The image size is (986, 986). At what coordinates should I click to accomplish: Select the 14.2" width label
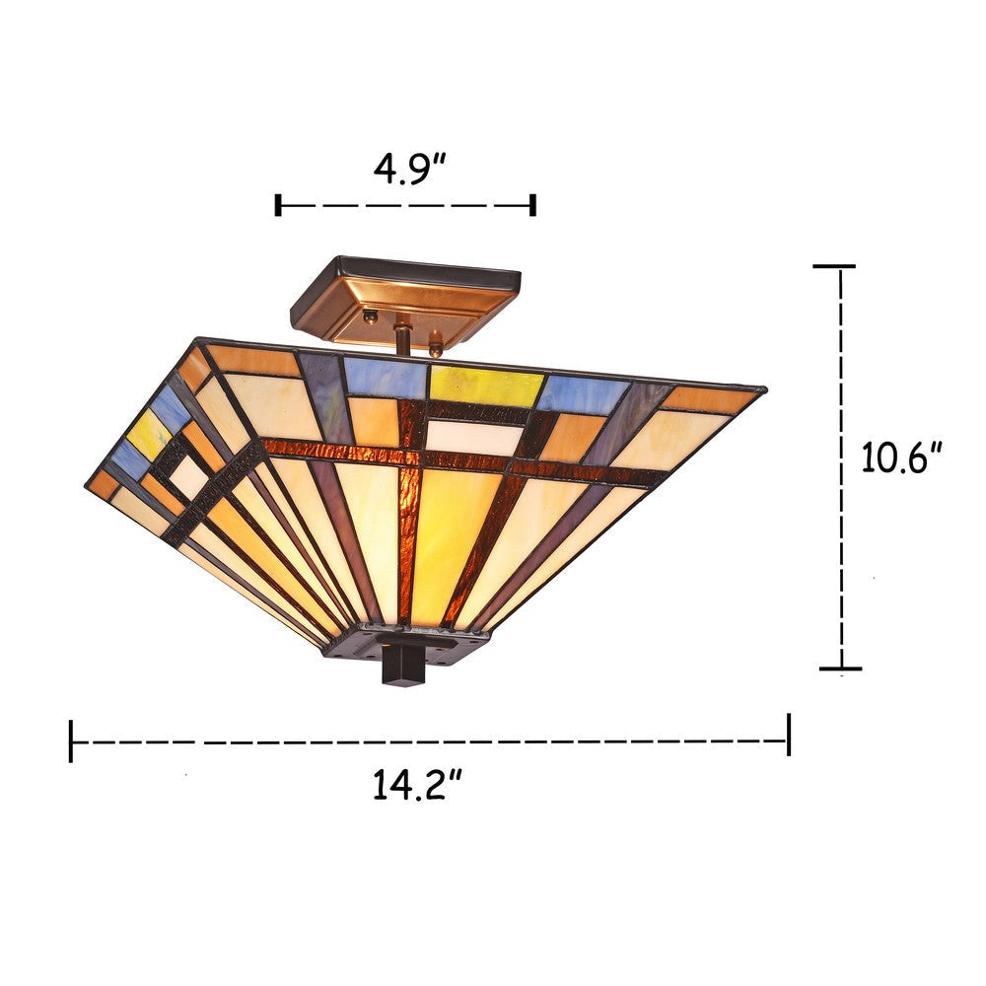click(x=418, y=785)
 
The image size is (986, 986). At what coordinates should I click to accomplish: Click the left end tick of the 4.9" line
click(x=279, y=205)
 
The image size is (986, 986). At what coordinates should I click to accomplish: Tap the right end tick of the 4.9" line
click(x=533, y=205)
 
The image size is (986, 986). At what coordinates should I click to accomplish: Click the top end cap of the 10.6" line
click(x=833, y=266)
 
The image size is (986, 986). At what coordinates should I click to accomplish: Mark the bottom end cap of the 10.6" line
click(x=840, y=669)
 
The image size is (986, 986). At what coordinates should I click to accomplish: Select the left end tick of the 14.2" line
click(x=71, y=740)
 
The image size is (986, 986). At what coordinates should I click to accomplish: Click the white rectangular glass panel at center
click(x=473, y=437)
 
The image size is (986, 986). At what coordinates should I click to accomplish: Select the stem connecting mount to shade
click(x=402, y=336)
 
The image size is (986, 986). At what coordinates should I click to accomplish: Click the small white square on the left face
click(x=187, y=476)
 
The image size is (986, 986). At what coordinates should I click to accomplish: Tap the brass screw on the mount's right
click(x=435, y=347)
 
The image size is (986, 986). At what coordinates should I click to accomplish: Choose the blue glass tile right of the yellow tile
click(x=583, y=392)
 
